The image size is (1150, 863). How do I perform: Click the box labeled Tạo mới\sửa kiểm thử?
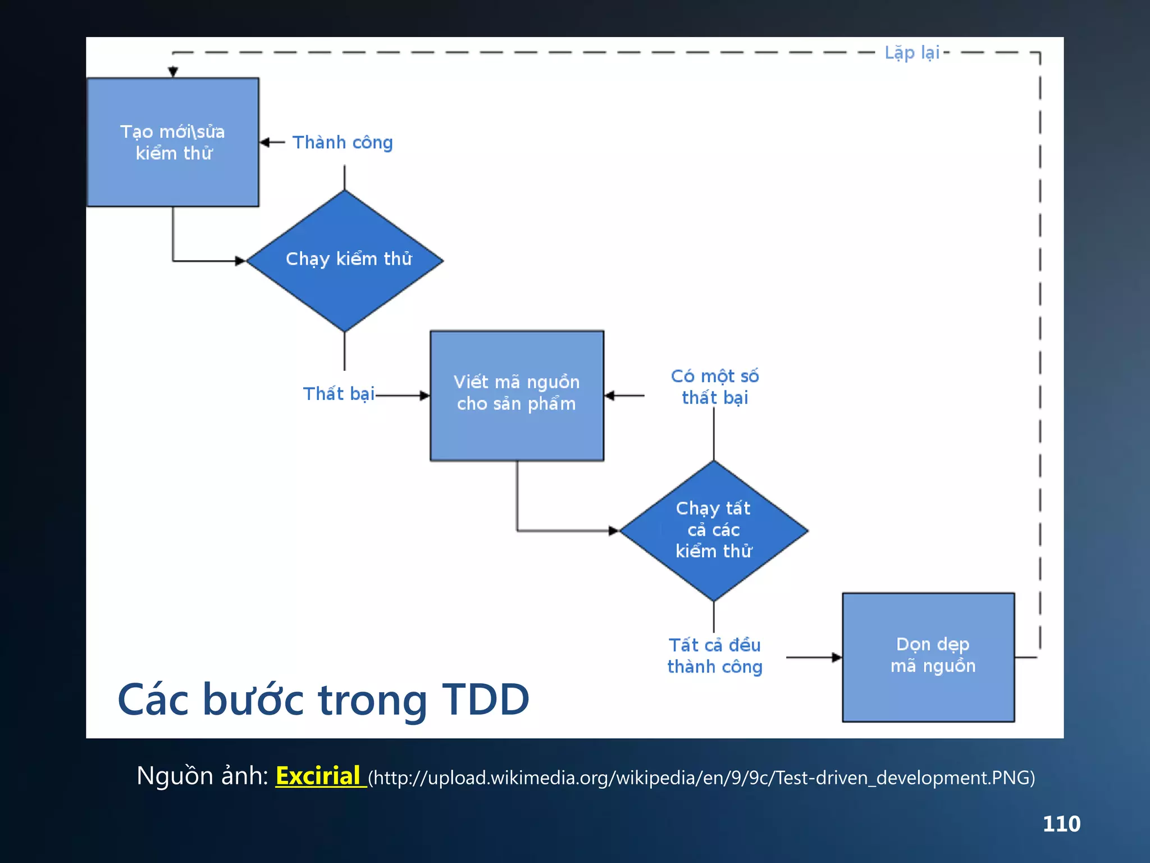coord(173,142)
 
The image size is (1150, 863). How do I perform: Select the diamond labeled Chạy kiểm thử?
coord(345,260)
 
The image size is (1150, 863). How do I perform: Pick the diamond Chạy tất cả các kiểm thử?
coord(714,530)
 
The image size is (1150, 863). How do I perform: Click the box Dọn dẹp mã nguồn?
coord(928,657)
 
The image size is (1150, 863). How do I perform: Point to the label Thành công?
coord(343,143)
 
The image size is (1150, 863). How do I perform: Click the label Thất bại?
coord(339,394)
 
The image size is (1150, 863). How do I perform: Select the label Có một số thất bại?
coord(714,387)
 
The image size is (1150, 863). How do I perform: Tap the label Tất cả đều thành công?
coord(714,656)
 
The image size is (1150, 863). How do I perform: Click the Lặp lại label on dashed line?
coord(912,53)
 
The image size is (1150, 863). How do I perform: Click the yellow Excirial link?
coord(318,776)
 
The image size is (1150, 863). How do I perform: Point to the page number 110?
coord(1061,824)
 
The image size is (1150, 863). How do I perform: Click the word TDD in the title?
coord(486,700)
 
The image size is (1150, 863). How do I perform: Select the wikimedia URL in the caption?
coord(701,778)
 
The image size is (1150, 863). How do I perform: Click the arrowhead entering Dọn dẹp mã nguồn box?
coord(837,657)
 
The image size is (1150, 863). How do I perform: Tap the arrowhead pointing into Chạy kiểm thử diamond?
coord(240,261)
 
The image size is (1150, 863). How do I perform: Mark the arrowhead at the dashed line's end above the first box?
coord(173,72)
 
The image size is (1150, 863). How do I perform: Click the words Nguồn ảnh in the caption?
coord(202,776)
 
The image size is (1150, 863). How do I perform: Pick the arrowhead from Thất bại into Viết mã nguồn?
coord(425,396)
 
